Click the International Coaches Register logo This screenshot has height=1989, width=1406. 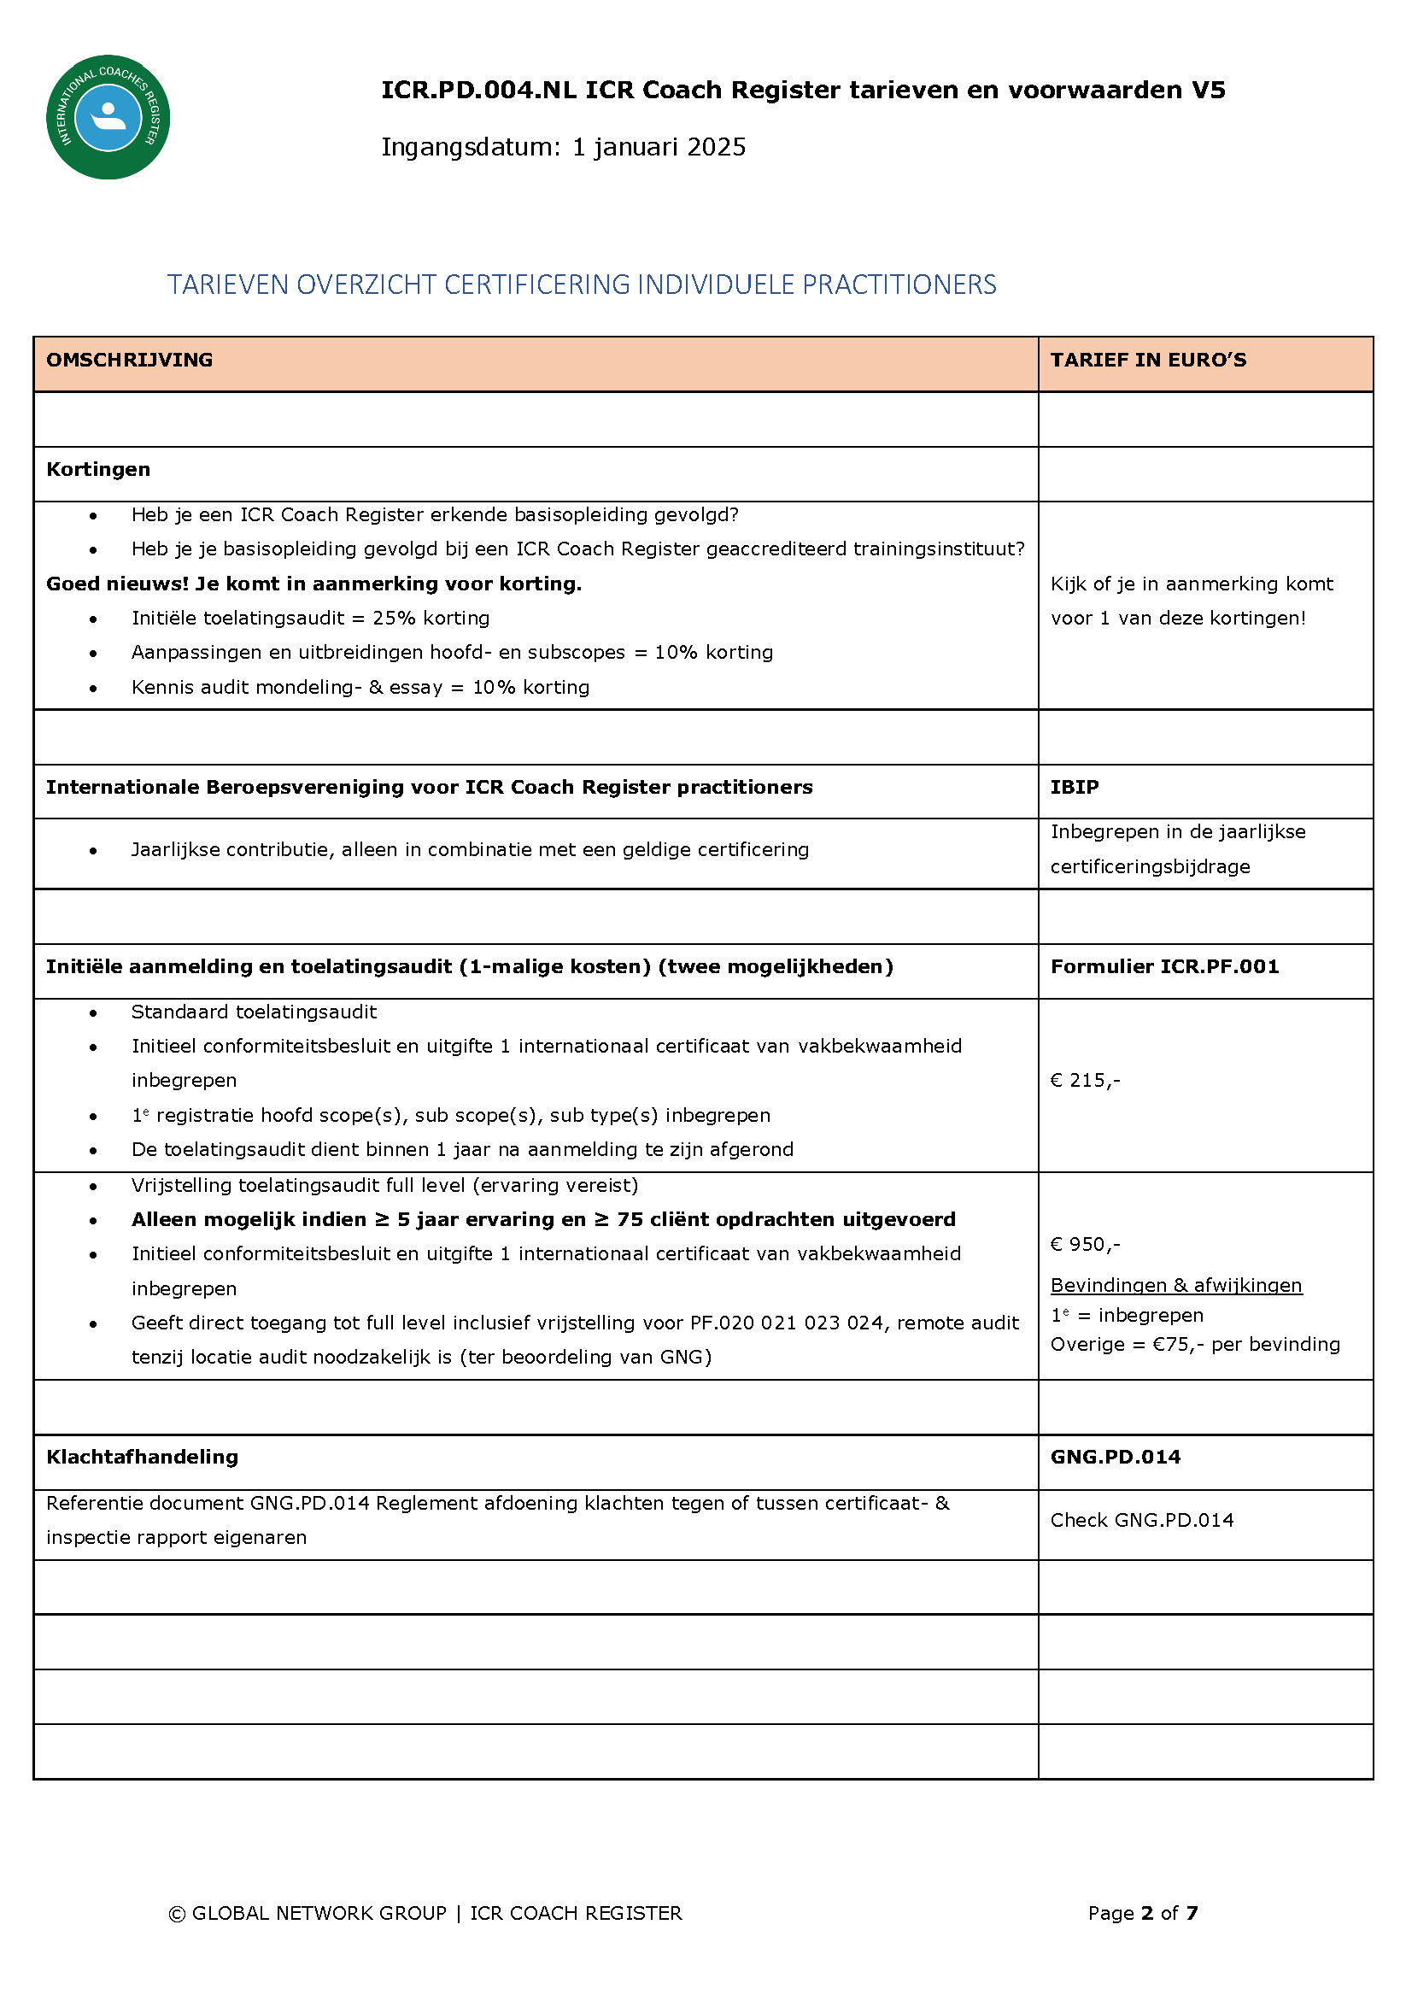pos(108,117)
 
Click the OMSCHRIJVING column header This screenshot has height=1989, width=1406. pos(129,361)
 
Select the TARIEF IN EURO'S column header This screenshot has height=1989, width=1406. pos(1148,361)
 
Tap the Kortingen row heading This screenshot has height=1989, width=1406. pos(98,470)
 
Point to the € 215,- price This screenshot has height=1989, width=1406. pos(1085,1080)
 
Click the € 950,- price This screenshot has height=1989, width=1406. pos(1085,1244)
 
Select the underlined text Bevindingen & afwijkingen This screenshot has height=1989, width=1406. pos(1175,1285)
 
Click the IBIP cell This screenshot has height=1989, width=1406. pos(1075,788)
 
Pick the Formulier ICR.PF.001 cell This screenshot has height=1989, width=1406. pos(1164,967)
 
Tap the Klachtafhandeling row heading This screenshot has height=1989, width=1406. pos(142,1457)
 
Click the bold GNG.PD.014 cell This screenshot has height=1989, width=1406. pos(1115,1457)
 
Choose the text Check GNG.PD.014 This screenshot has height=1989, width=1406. pos(1142,1520)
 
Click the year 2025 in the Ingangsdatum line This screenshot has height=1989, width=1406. pos(718,147)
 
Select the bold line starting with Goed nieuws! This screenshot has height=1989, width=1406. pos(313,584)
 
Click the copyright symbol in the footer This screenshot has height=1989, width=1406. pos(177,1913)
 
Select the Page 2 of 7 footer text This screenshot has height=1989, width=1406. pos(1143,1913)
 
